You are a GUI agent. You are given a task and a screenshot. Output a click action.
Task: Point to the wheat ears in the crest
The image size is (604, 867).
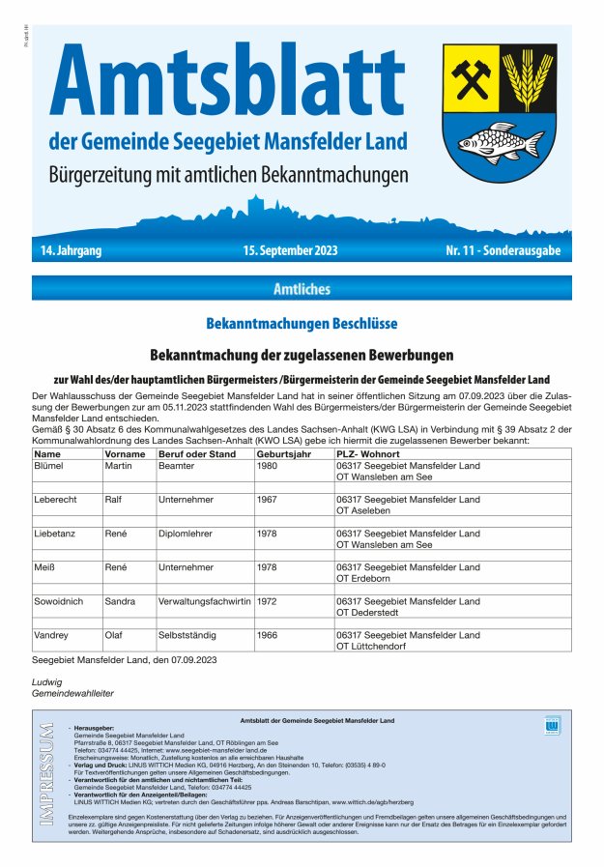pos(528,76)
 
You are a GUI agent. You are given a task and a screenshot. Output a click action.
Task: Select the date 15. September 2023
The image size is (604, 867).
pos(290,251)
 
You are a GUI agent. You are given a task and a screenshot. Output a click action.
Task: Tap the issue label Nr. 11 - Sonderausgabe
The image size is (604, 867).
pos(502,251)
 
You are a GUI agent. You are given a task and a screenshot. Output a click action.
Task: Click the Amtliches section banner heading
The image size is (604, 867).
pos(302,288)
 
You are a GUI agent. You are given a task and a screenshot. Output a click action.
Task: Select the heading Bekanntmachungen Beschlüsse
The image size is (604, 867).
pos(302,324)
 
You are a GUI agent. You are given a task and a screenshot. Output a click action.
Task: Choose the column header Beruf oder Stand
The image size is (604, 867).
pos(197,453)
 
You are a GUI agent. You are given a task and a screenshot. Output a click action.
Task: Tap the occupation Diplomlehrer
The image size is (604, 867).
pos(186,534)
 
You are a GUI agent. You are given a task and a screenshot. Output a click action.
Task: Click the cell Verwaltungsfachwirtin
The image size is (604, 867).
pos(204,601)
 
